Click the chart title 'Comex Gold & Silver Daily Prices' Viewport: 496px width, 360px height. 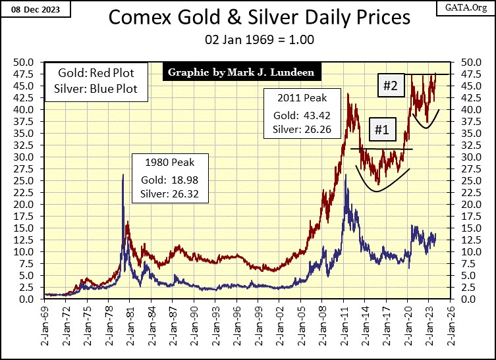tap(248, 18)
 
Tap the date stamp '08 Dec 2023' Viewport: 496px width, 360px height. tap(29, 8)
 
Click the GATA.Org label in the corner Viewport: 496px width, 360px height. tap(470, 8)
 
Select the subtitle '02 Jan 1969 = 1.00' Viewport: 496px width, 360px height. tap(248, 40)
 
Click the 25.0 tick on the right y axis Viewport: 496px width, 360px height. tap(466, 180)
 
